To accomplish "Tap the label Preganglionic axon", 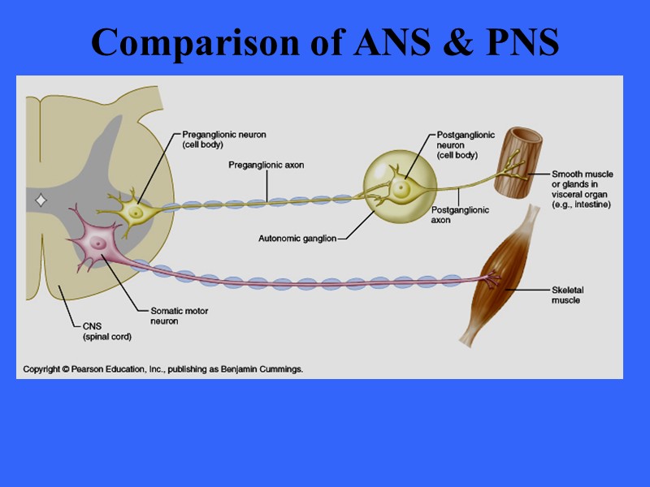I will [x=266, y=165].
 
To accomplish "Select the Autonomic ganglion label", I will [x=297, y=238].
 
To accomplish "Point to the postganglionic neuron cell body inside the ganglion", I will [x=401, y=187].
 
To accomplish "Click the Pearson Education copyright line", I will [x=162, y=369].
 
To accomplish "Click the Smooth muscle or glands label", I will [x=582, y=189].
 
